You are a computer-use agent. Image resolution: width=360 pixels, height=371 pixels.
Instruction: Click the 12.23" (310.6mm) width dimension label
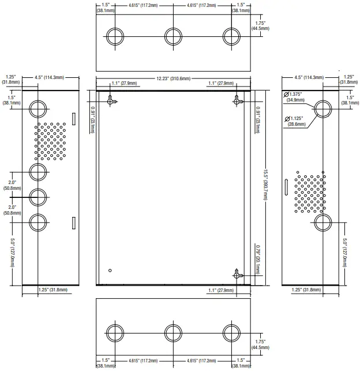173,78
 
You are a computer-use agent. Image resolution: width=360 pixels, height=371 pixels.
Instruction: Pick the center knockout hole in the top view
173,36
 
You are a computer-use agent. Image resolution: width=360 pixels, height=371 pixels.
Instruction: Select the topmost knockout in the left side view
38,108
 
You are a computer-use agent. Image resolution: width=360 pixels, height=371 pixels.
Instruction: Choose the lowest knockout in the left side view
38,222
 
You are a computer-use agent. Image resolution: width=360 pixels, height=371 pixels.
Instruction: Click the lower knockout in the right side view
322,222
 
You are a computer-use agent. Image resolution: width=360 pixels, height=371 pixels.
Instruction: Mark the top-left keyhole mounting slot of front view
112,100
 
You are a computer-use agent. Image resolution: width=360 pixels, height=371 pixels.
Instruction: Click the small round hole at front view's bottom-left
110,271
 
